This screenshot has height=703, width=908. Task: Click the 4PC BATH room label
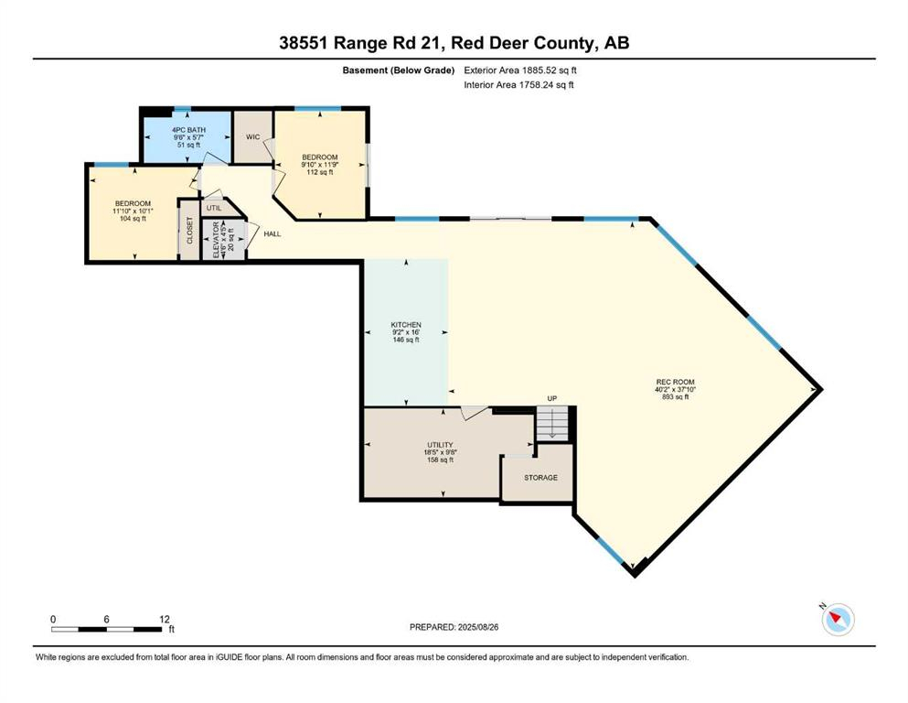pyautogui.click(x=189, y=131)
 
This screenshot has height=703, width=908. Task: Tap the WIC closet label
pyautogui.click(x=253, y=137)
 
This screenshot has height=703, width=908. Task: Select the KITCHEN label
pyautogui.click(x=406, y=325)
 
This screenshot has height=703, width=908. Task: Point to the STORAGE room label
pyautogui.click(x=540, y=478)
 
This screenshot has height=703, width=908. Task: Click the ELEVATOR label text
pyautogui.click(x=217, y=240)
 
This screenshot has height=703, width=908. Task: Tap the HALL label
pyautogui.click(x=272, y=234)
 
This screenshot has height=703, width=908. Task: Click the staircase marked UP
pyautogui.click(x=551, y=422)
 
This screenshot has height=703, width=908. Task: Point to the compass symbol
pyautogui.click(x=838, y=620)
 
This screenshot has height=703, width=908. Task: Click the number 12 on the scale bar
pyautogui.click(x=165, y=620)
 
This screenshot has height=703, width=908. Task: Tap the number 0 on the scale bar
pyautogui.click(x=54, y=620)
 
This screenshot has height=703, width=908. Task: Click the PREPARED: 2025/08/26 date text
pyautogui.click(x=454, y=627)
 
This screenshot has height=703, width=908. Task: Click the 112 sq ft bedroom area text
pyautogui.click(x=320, y=172)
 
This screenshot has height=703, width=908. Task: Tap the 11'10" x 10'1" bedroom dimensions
pyautogui.click(x=133, y=211)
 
